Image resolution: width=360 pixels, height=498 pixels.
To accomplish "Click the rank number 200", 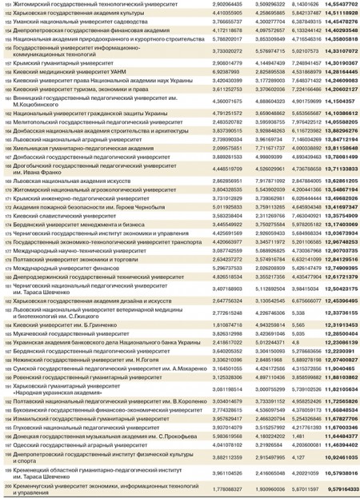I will (6, 487).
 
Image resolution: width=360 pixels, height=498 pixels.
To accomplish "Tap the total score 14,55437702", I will (338, 5).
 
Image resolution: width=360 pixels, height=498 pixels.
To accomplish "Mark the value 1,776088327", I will (230, 487).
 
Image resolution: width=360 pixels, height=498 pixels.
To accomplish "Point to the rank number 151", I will (6, 5).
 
